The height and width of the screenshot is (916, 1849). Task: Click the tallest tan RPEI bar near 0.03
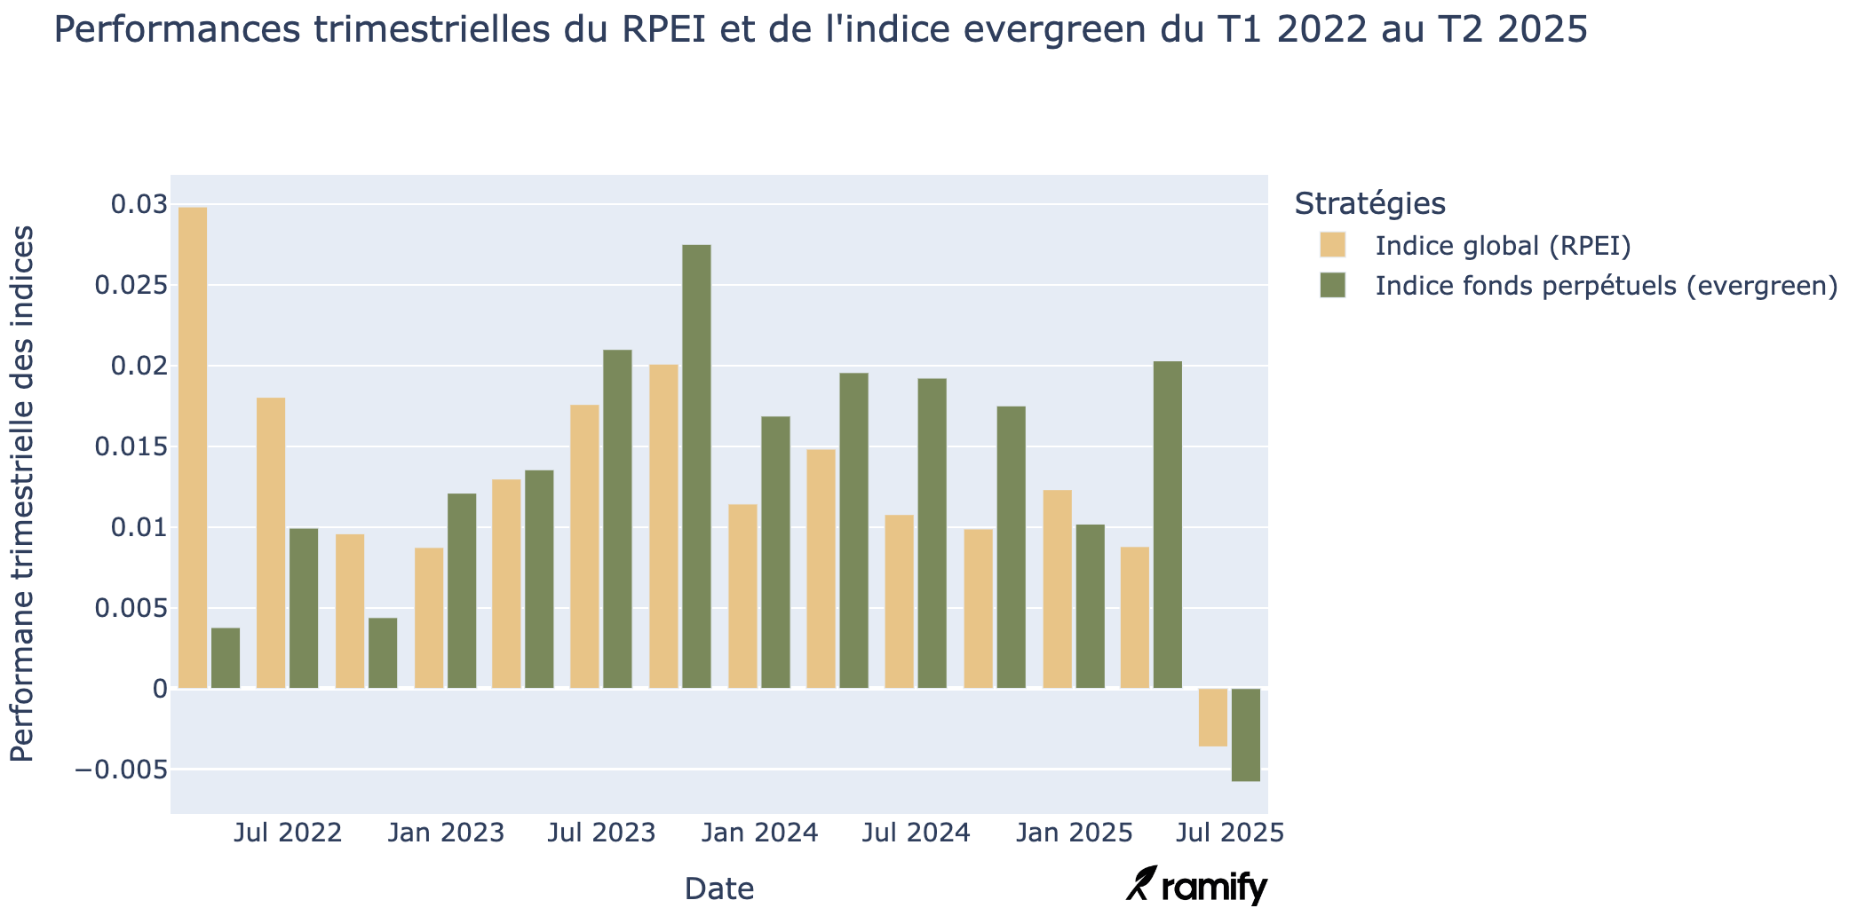coord(193,447)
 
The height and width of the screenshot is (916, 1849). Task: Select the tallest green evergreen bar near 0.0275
coord(696,466)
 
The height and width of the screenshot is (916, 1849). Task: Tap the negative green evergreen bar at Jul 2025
coord(1245,735)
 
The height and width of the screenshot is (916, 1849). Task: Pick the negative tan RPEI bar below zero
coord(1212,717)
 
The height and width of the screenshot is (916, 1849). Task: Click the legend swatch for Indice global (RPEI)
coord(1332,245)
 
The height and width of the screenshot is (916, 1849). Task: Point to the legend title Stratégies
coord(1369,203)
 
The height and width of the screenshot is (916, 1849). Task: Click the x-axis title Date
coord(718,888)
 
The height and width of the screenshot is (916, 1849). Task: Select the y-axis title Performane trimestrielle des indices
coord(22,494)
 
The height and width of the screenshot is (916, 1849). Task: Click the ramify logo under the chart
coord(1196,886)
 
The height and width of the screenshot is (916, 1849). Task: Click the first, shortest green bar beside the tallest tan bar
coord(226,658)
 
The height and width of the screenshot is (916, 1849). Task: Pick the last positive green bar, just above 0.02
coord(1167,525)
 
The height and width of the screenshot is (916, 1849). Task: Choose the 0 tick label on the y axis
coord(160,689)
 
